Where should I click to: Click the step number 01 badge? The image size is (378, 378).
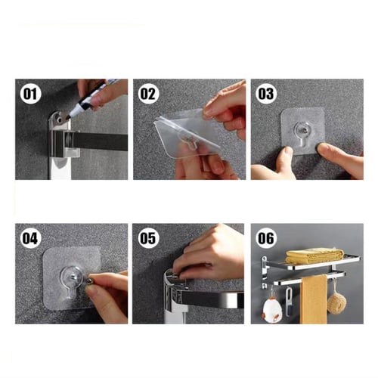tap(30, 94)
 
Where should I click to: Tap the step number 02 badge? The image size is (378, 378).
tap(148, 94)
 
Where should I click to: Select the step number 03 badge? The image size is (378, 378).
tap(266, 94)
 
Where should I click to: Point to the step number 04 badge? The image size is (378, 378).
tap(30, 238)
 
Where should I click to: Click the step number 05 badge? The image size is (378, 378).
tap(148, 238)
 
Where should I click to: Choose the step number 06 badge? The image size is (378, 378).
tap(266, 238)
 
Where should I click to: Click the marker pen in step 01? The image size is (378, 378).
tap(93, 98)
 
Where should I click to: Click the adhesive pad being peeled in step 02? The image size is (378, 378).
tap(187, 134)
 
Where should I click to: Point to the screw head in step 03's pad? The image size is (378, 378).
tap(304, 130)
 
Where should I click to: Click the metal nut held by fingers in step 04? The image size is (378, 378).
tap(88, 281)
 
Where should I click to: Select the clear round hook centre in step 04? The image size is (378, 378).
tap(71, 276)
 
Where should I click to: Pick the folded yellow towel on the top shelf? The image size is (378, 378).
tap(315, 256)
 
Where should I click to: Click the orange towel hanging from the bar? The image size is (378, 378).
tap(314, 299)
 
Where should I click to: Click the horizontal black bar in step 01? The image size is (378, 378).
tap(101, 141)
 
